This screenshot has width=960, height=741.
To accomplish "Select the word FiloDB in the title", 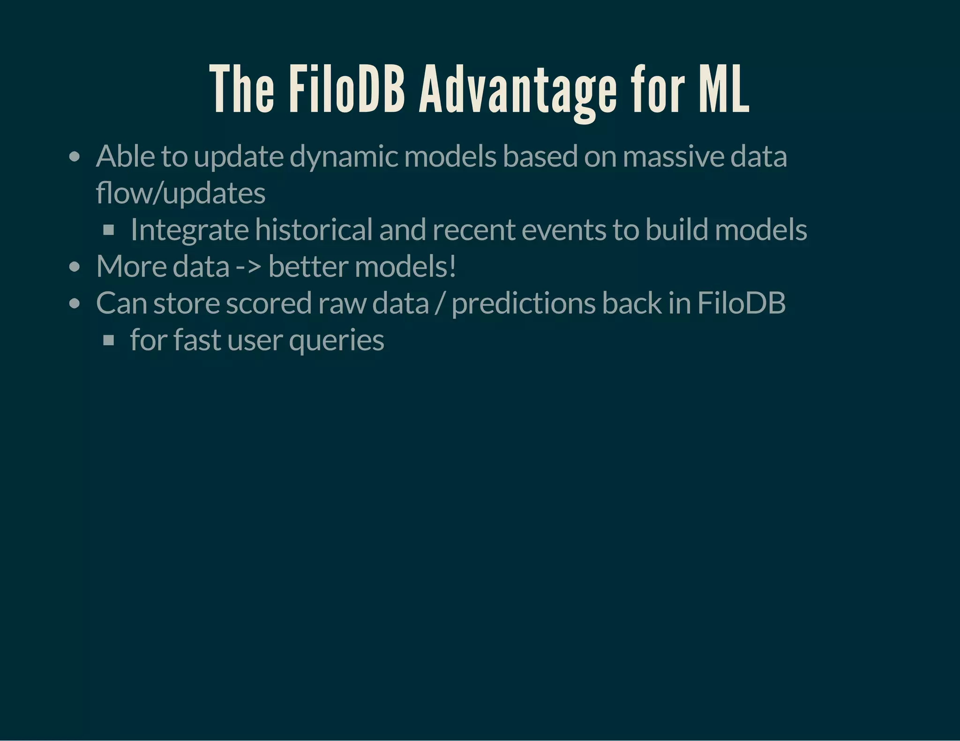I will pyautogui.click(x=346, y=89).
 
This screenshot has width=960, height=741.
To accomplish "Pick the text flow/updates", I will pyautogui.click(x=180, y=193).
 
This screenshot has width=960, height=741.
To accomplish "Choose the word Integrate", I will pyautogui.click(x=189, y=230).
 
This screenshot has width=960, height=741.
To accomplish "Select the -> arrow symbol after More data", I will pyautogui.click(x=248, y=267).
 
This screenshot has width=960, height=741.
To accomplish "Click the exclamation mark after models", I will pyautogui.click(x=452, y=266).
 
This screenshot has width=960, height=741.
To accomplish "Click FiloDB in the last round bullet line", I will pyautogui.click(x=741, y=303).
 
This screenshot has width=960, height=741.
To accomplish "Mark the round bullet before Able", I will pyautogui.click(x=74, y=157).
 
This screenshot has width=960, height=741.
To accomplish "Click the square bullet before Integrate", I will pyautogui.click(x=109, y=230).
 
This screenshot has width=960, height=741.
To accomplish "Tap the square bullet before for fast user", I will pyautogui.click(x=109, y=340).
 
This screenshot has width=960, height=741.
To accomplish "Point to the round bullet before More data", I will pyautogui.click(x=74, y=267).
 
